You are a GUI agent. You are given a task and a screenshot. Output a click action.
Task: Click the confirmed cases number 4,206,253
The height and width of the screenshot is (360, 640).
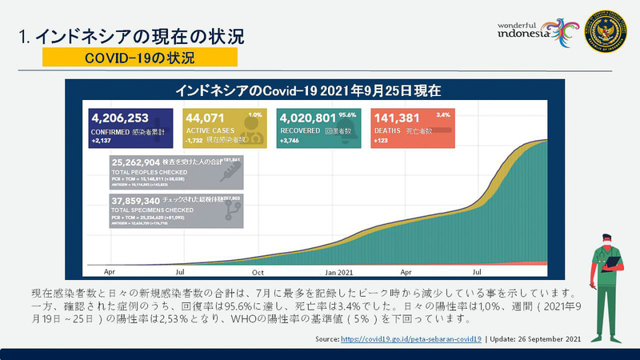pos(122,118)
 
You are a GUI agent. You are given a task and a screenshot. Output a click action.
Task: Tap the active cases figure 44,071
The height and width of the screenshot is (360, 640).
pos(206,118)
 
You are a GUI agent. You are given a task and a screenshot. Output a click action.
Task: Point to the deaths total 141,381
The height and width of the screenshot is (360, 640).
pos(398,118)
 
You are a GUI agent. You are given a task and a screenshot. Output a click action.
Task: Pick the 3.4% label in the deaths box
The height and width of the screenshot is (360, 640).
pos(443,114)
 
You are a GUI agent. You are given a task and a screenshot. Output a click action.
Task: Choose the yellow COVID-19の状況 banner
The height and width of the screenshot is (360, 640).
pos(139,58)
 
